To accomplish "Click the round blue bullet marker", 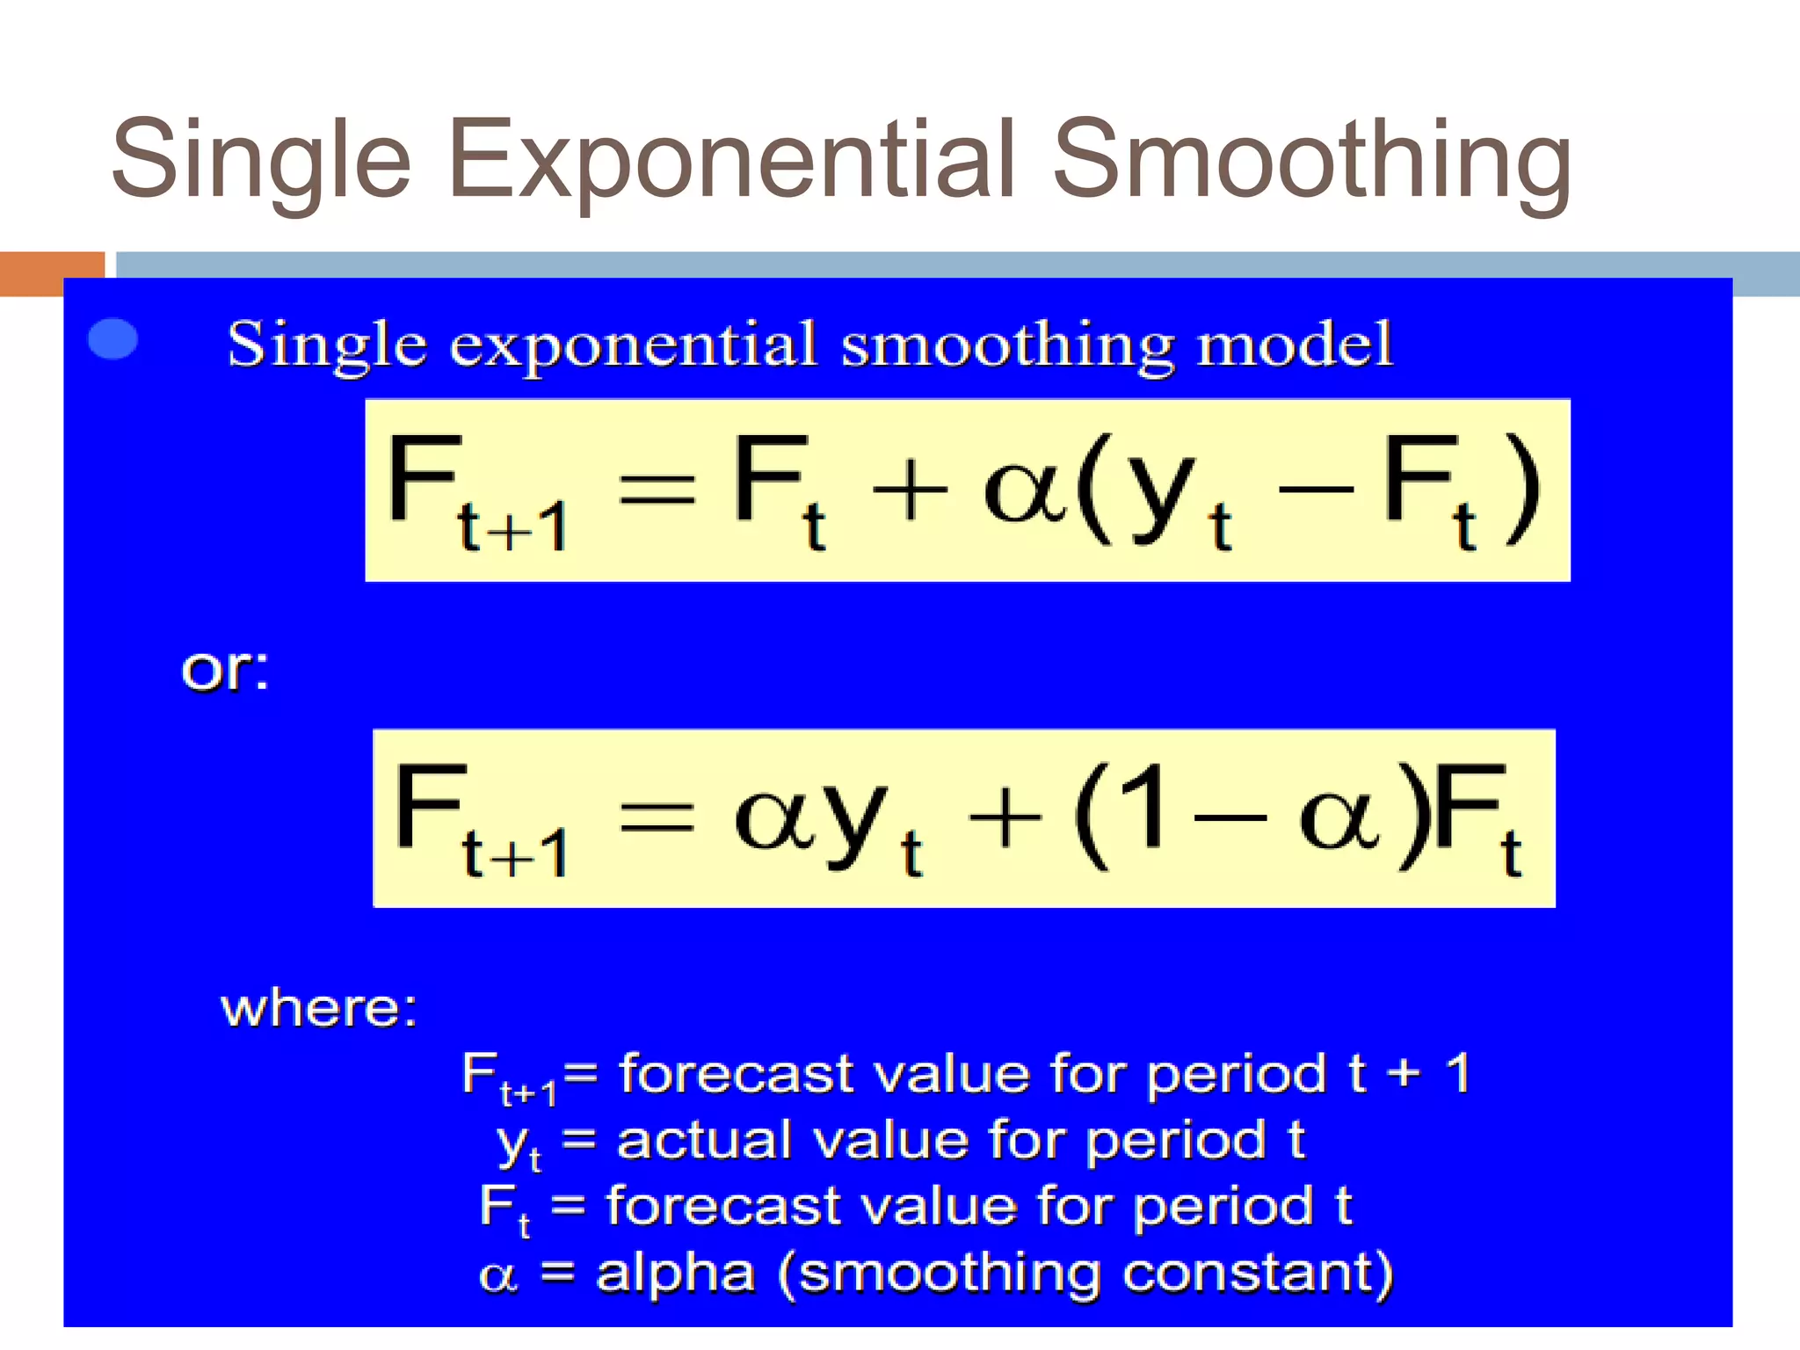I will (113, 338).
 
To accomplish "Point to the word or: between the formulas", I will (225, 671).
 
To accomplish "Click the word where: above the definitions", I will (318, 1007).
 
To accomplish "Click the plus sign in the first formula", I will (910, 490).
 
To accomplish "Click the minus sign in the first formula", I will (1316, 487).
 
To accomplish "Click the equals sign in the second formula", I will (657, 817).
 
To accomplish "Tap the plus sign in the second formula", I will (1005, 817).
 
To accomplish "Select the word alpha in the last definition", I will (675, 1272).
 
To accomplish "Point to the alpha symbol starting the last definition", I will (497, 1275).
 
